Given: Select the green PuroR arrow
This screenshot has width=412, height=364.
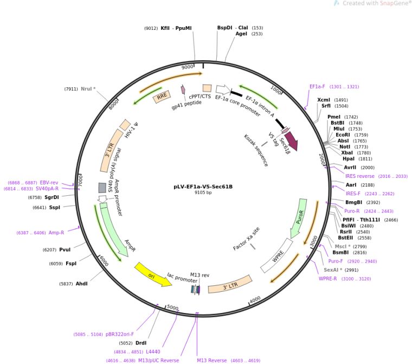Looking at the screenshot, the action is point(299,218).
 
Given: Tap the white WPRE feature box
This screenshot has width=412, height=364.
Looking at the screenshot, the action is point(277,256).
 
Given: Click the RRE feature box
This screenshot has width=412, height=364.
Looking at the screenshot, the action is point(162,97).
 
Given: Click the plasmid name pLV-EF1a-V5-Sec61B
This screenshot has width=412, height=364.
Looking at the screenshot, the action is point(203,187).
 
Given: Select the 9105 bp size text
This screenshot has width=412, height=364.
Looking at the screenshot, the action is point(203,193).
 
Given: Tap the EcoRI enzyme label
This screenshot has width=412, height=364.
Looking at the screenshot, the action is point(343,135).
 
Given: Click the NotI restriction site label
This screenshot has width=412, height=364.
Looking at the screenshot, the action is point(345,147).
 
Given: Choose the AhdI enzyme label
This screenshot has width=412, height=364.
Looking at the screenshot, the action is point(81,284).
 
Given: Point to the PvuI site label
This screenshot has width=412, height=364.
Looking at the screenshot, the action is point(65,250).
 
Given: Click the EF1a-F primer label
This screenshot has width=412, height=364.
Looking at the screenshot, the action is point(317,87).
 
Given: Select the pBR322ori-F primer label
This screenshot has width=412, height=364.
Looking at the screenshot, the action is point(120,334).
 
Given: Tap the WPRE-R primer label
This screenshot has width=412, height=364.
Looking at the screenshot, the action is point(327,279).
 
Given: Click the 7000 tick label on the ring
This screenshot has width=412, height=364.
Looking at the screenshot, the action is point(80,181).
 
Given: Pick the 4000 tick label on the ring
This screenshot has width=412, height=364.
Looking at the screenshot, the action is point(255,300).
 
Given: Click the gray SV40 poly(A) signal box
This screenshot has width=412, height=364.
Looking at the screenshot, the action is point(102,188).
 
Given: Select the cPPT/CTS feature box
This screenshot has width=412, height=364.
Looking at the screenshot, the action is point(207,88).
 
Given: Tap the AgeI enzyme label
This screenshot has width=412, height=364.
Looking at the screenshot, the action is point(241,34).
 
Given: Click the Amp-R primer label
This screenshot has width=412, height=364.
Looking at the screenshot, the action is point(56,233).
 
